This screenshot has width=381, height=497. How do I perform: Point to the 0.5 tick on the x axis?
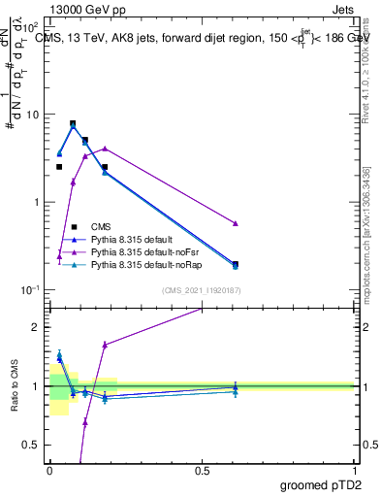tap(202, 470)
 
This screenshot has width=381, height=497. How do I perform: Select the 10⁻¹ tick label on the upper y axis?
tap(29, 290)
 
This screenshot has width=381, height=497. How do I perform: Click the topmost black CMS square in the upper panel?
tap(73, 123)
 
